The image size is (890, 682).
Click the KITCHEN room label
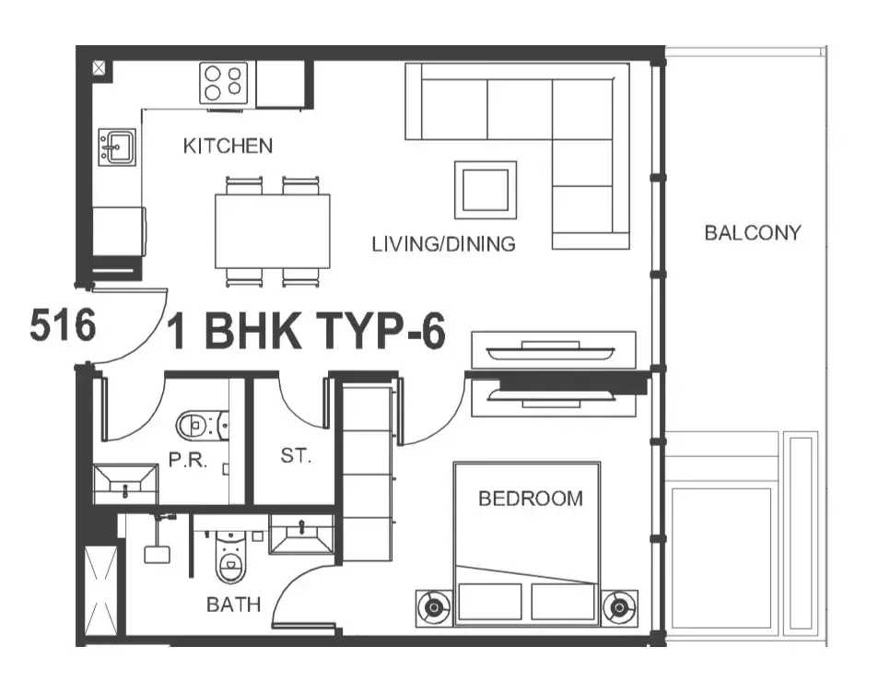pos(228,146)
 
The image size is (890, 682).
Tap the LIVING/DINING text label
pos(443,244)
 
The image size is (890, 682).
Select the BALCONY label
pos(753,233)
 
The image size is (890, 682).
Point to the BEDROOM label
pos(531,499)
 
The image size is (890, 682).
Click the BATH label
pos(233,605)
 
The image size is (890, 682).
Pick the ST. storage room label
pos(296,455)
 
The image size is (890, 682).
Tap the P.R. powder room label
pos(188,459)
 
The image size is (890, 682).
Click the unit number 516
pos(63,325)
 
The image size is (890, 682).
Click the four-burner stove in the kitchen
pos(224,83)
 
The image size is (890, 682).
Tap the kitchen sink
pos(117,147)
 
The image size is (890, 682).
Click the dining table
pos(273,231)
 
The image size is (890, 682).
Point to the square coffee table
pos(486,190)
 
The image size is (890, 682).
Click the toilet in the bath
pos(230,558)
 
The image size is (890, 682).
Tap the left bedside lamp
pos(434,608)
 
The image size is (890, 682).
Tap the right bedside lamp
pos(619,608)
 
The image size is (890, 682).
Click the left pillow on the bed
pos(490,602)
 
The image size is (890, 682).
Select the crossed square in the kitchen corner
pos(100,69)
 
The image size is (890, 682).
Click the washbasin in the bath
pos(301,534)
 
